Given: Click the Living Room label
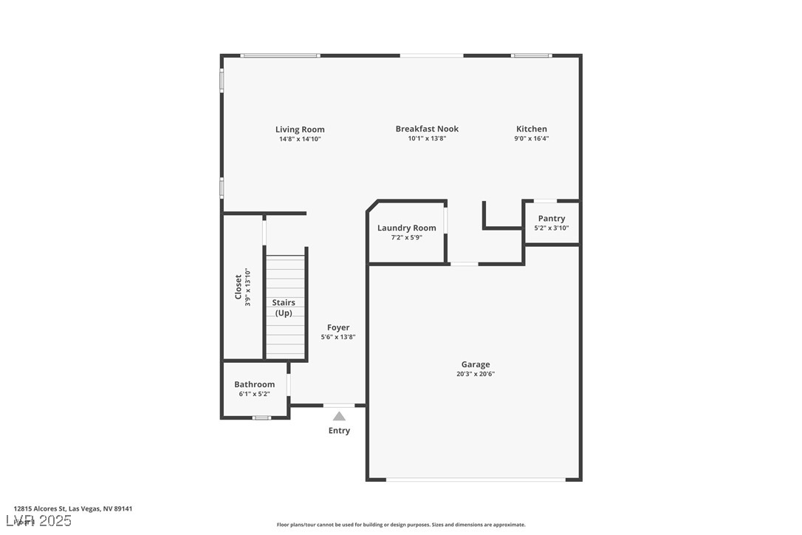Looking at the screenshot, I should [300, 129].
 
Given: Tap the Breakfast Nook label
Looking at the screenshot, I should [427, 129].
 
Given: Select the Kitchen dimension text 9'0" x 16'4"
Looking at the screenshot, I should [532, 139].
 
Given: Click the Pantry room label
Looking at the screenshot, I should [552, 218].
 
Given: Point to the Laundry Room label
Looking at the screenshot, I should [406, 228].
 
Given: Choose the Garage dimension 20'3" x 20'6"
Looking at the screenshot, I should [476, 374].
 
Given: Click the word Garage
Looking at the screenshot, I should [476, 364].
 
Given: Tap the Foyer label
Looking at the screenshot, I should [338, 327].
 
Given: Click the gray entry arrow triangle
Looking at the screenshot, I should [339, 416].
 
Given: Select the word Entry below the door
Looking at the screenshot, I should [339, 431].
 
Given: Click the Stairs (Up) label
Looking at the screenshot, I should [284, 307].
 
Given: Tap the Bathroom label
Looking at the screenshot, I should [254, 384].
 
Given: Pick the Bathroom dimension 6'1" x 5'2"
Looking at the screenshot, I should [254, 394].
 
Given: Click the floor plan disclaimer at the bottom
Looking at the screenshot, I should [401, 525].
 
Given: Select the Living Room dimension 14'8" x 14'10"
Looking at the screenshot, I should [300, 139].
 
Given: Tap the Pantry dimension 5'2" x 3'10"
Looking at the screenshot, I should [552, 228].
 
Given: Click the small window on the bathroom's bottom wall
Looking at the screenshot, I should [261, 418].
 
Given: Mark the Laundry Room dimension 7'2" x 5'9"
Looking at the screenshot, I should [406, 237].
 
